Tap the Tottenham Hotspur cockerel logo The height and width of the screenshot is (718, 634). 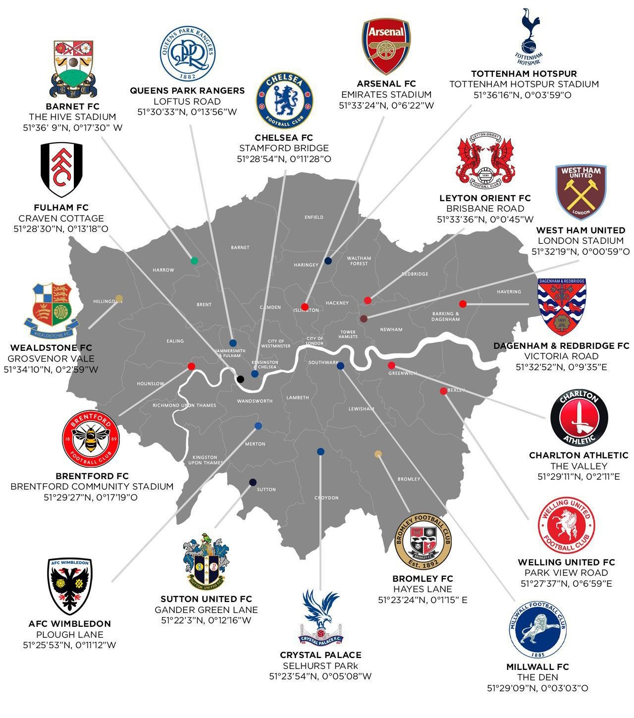[x=529, y=36]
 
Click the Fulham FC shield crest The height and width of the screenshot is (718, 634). [x=61, y=169]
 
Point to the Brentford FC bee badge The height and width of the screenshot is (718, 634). [x=91, y=439]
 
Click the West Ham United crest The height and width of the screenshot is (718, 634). [x=581, y=192]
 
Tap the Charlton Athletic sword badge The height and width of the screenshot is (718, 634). [x=579, y=418]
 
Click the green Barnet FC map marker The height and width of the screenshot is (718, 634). [x=194, y=261]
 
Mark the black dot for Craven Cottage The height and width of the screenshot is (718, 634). [x=240, y=379]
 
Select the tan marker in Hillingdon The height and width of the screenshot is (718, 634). [x=119, y=298]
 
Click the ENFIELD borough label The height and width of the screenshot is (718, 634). [x=314, y=217]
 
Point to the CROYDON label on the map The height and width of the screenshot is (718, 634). [x=326, y=498]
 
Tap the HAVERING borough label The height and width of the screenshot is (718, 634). [x=509, y=292]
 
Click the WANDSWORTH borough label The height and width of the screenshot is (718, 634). [x=255, y=401]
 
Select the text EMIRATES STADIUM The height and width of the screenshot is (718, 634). [x=386, y=95]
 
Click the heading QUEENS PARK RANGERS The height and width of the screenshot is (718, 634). [x=187, y=91]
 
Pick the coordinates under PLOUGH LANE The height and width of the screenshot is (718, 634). [x=69, y=645]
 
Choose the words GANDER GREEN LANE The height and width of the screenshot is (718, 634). [x=206, y=609]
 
